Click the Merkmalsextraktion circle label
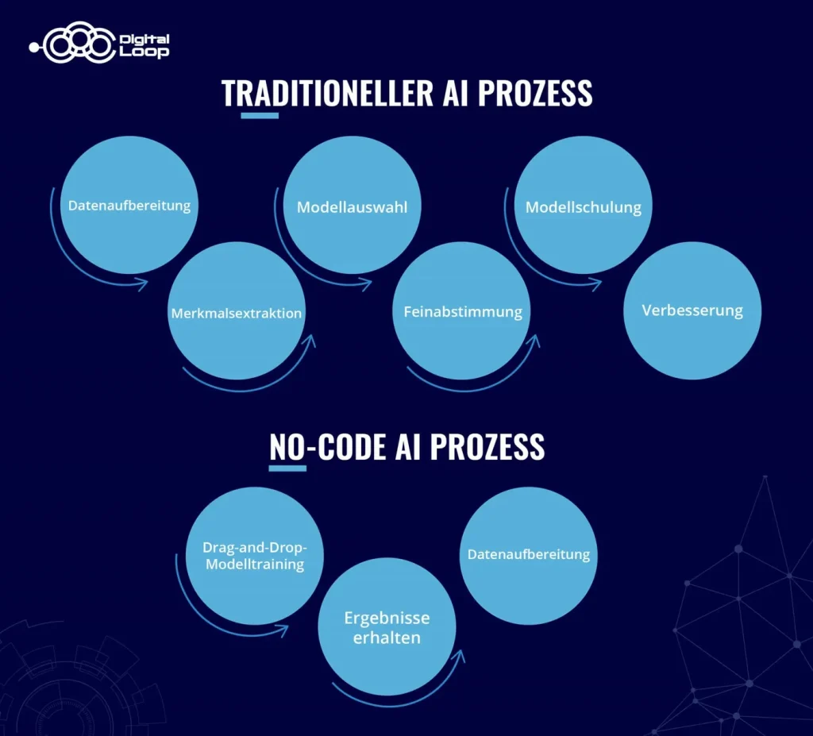237,314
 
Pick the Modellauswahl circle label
353,208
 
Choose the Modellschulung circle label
584,208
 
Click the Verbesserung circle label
692,310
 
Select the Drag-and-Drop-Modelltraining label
253,556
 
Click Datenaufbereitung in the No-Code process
529,554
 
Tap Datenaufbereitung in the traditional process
129,206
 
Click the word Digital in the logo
143,39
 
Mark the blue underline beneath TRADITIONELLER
260,116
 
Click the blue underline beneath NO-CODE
287,468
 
